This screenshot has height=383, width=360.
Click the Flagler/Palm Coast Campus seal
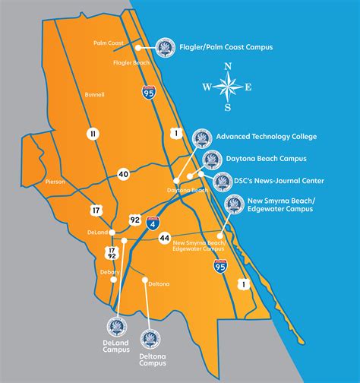[165, 48]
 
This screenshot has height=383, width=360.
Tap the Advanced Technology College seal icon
[201, 138]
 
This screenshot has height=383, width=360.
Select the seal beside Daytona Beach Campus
[212, 160]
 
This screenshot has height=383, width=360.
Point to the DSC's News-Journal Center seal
[223, 181]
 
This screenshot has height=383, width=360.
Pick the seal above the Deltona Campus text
[152, 338]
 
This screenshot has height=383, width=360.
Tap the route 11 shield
[93, 134]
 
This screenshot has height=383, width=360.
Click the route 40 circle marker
[123, 175]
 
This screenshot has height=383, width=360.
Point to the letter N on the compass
[227, 68]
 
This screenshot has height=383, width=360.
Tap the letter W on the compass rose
[205, 87]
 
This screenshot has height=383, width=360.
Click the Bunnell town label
[95, 94]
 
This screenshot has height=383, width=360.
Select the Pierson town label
[55, 182]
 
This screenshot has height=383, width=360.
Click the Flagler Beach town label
[131, 62]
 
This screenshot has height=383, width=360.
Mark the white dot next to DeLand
[112, 231]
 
